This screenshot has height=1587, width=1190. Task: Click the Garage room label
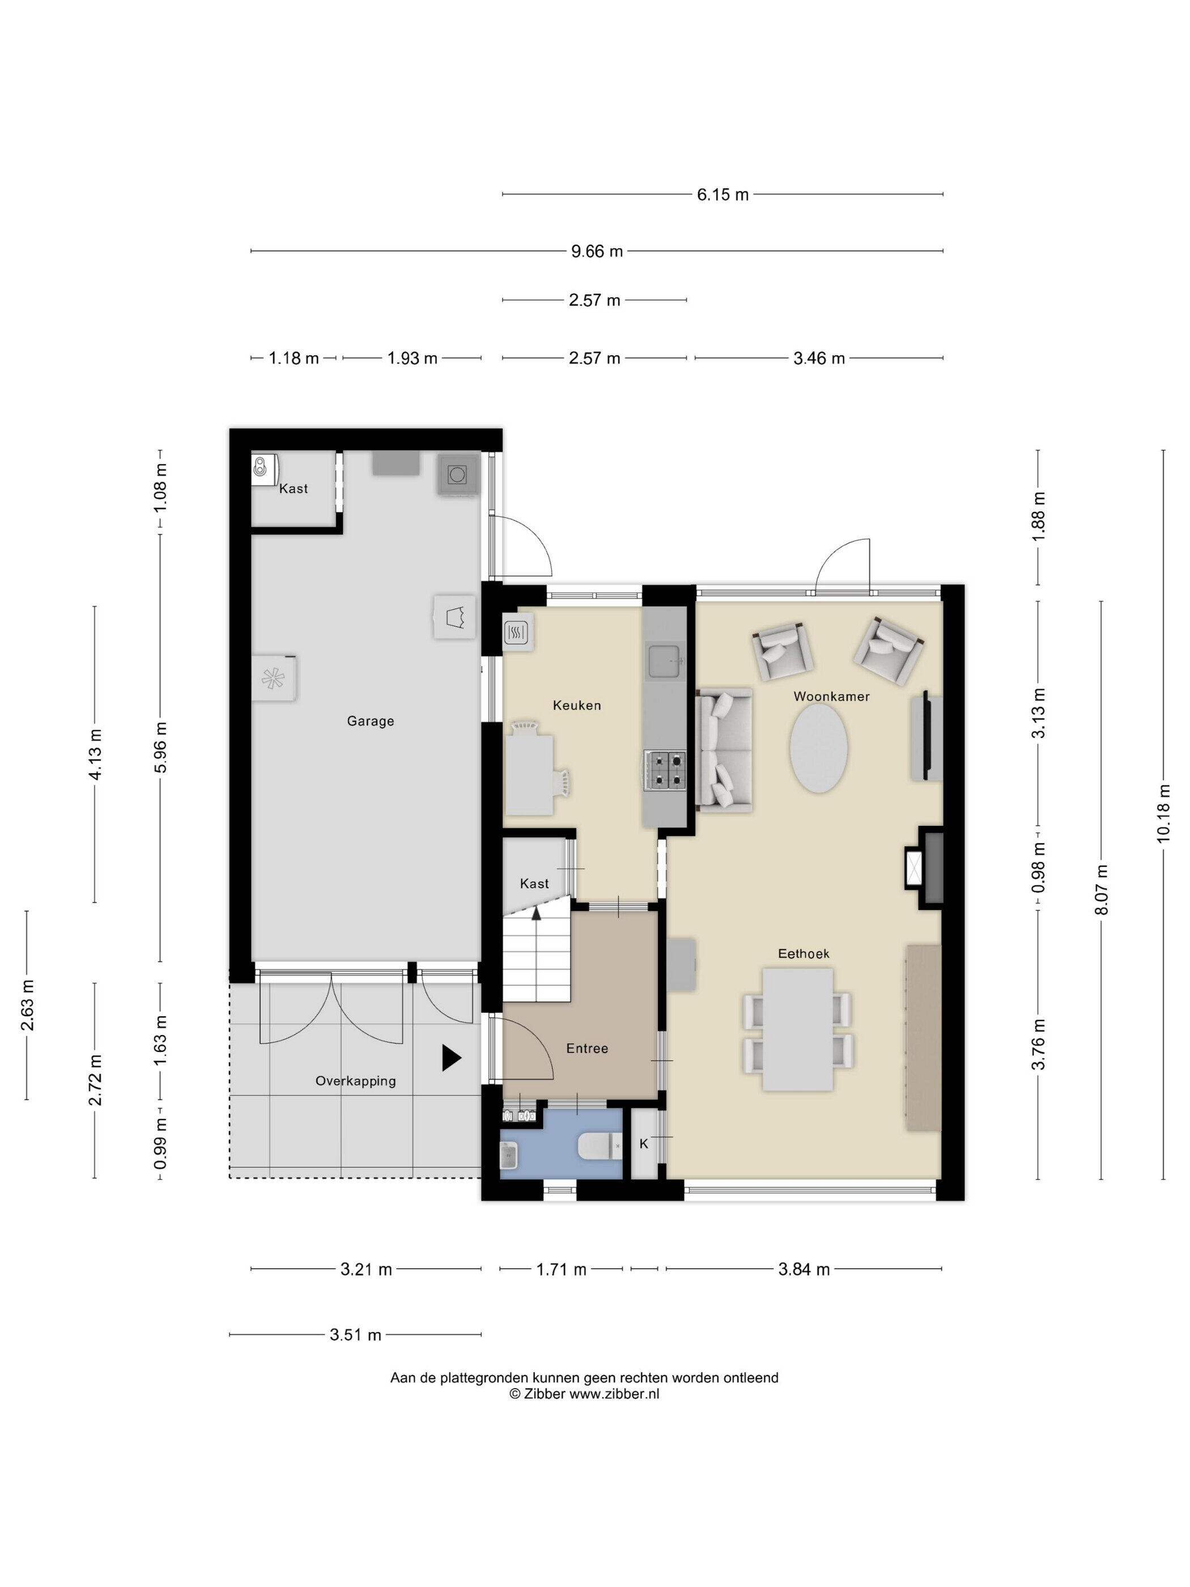coord(370,721)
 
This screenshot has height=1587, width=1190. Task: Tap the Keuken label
coord(577,705)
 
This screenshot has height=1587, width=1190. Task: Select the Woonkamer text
coord(831,696)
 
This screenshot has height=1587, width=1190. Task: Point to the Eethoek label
coord(804,953)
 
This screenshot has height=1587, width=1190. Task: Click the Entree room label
coord(586,1048)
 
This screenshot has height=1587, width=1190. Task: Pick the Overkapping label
coord(355,1080)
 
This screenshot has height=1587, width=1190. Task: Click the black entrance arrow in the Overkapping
coord(450,1058)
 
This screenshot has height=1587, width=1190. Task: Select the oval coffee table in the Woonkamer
coord(818,748)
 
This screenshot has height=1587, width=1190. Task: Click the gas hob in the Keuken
coord(664,770)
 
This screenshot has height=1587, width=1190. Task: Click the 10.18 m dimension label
coord(1163,813)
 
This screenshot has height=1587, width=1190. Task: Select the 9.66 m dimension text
coord(597,251)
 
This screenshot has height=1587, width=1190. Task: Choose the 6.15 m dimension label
coord(722,194)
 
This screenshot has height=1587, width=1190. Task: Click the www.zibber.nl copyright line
coord(584,1394)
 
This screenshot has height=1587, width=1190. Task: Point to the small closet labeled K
coord(643,1144)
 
